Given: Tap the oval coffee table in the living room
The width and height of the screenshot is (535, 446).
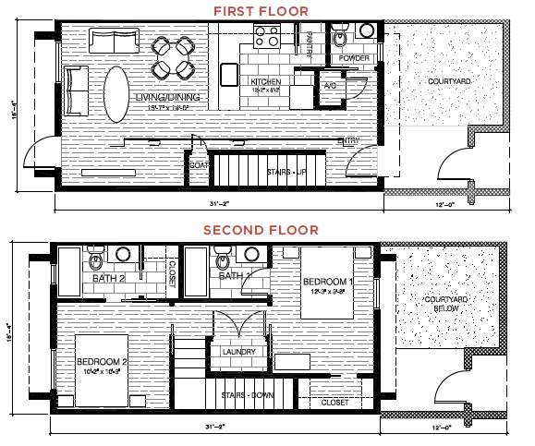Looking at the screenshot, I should click(117, 94).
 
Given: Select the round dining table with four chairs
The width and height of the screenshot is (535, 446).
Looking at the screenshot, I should click(173, 56).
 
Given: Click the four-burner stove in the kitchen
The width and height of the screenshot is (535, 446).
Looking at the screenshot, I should click(268, 38).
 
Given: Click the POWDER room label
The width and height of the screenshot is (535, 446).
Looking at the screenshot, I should click(355, 59).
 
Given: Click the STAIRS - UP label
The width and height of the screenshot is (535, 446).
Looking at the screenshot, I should click(286, 173).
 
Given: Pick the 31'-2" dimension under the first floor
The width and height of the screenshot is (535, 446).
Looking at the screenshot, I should click(218, 204).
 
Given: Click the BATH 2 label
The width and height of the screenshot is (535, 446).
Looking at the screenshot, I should click(109, 277).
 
